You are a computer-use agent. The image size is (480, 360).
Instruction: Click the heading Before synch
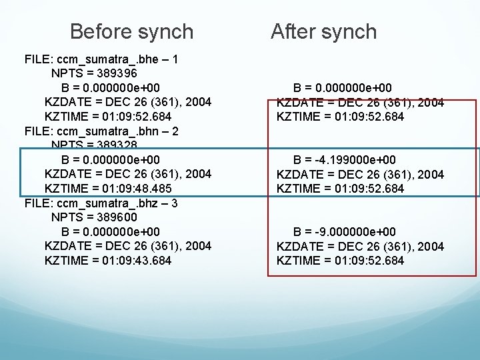[131, 31]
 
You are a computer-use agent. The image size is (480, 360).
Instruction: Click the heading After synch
[323, 31]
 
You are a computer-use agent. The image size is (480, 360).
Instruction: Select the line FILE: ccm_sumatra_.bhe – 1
[101, 59]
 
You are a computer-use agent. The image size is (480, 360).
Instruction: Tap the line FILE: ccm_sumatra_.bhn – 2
[101, 131]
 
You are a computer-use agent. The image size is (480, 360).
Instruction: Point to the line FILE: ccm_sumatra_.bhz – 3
[101, 203]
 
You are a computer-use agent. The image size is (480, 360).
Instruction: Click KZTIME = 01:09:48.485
[108, 189]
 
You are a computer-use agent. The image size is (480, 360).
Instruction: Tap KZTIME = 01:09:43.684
[108, 261]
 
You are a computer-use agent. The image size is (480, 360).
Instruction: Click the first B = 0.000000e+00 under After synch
[343, 88]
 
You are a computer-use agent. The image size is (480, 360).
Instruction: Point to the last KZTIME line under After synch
[340, 261]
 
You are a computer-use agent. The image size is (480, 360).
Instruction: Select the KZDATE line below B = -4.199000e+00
[360, 175]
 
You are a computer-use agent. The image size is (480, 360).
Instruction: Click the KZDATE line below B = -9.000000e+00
[360, 247]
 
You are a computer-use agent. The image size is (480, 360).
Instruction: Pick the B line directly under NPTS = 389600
[111, 232]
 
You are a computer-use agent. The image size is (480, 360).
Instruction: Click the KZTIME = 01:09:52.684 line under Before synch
[108, 117]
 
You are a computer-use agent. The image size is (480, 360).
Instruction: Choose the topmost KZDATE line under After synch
[360, 102]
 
